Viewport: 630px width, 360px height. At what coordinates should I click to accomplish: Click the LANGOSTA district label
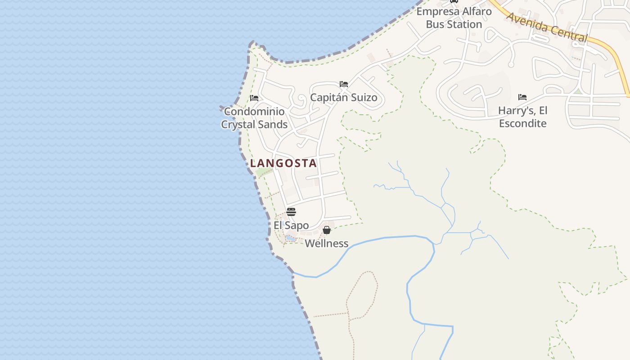[283, 163]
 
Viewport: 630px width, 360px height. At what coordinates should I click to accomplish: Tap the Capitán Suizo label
[344, 98]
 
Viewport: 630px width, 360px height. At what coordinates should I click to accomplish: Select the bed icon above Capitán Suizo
[344, 84]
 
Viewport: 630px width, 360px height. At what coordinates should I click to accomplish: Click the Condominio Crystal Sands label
[254, 118]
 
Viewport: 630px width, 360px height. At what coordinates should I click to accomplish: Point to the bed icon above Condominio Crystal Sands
[254, 98]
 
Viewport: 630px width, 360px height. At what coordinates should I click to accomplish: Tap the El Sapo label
[291, 225]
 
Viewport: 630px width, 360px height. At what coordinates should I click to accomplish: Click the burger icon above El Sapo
[291, 212]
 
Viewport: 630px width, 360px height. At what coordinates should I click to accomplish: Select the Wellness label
[327, 243]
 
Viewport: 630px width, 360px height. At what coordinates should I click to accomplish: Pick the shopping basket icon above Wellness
[327, 230]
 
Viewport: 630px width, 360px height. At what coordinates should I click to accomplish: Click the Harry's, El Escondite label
[522, 117]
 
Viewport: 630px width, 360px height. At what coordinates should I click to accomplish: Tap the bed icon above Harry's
[522, 97]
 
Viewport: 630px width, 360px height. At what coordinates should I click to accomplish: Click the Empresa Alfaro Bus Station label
[454, 18]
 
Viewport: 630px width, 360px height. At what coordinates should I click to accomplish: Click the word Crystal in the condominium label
[238, 125]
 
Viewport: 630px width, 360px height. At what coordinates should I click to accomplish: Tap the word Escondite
[523, 123]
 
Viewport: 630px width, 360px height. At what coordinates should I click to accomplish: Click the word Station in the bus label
[465, 24]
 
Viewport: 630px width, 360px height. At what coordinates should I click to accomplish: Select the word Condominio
[254, 111]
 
